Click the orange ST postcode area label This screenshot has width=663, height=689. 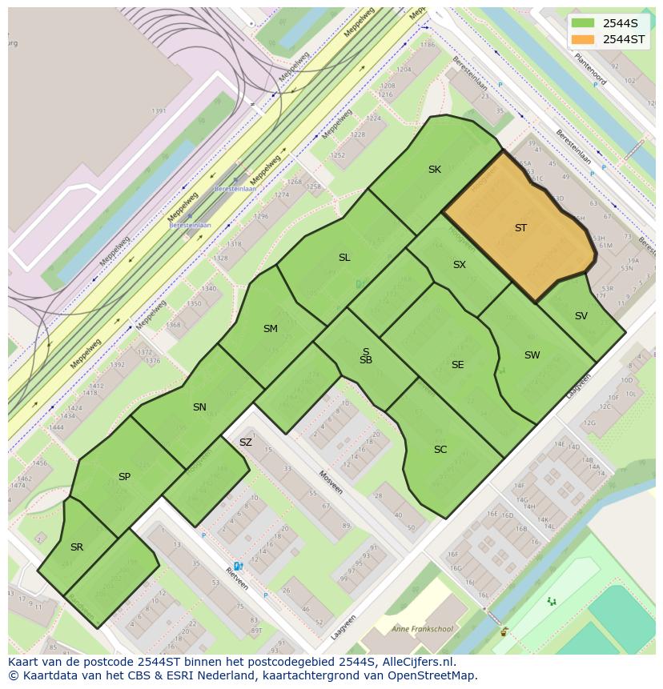[520, 228]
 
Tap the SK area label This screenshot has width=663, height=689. [435, 170]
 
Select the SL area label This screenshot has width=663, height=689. [344, 258]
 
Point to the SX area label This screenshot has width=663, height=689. [460, 265]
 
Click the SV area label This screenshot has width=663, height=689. [581, 316]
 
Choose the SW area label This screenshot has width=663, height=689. [532, 355]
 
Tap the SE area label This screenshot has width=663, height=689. [458, 365]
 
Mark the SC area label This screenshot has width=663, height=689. [440, 450]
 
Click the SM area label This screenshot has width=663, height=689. [271, 329]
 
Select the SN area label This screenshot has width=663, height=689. [199, 407]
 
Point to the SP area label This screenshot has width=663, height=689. [124, 477]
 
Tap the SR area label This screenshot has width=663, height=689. [77, 547]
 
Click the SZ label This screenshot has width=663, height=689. [246, 443]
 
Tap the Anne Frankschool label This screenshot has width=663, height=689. [422, 629]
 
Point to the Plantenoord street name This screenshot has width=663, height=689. [590, 70]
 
